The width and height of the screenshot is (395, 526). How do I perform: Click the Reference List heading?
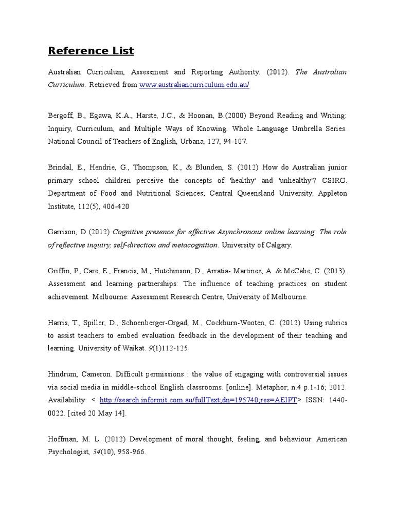(91, 51)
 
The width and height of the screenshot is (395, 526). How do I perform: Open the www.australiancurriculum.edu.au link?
(194, 85)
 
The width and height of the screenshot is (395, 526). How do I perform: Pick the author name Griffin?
(59, 271)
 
